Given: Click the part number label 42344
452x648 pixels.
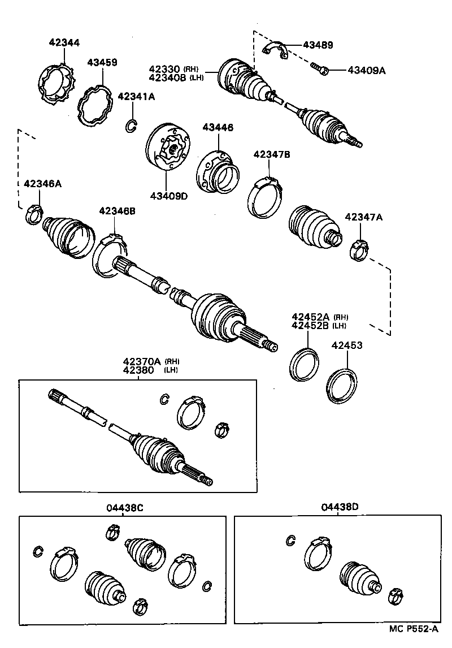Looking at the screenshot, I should tap(64, 42).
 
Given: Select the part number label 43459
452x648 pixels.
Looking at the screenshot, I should tap(102, 62).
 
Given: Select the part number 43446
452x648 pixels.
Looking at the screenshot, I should tap(217, 128).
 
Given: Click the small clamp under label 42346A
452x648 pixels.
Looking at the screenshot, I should tap(34, 215).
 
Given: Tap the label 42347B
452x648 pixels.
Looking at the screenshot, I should tap(271, 154).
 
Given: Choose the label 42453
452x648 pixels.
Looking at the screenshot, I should tap(346, 345).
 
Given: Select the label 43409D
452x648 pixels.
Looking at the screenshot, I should tap(168, 196).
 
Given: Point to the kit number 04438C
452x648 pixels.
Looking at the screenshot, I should tap(124, 508).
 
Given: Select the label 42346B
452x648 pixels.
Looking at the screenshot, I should tap(117, 211).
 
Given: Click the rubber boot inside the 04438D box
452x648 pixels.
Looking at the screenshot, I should tap(359, 580).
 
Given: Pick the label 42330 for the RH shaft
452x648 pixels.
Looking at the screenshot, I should tap(165, 69).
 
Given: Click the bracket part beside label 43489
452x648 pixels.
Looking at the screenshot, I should tap(277, 50).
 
